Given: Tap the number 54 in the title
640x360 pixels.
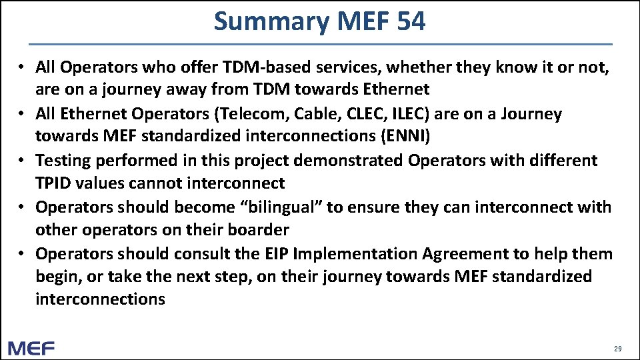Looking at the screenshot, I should tap(410, 22).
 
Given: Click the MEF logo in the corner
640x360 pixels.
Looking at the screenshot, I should tap(31, 347).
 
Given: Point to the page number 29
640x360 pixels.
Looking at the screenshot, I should tap(617, 349).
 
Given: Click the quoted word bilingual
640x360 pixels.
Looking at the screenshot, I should tap(281, 207).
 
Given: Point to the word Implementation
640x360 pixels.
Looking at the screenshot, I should tap(341, 253).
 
